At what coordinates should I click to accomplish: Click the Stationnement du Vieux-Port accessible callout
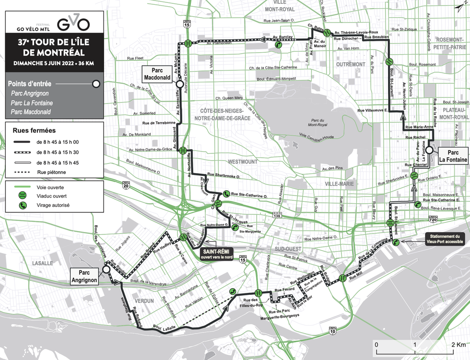coord(444,239)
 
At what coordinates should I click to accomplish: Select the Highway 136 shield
coord(276,216)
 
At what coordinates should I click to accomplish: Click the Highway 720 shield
coord(433,219)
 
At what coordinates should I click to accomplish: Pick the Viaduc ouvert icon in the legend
coord(22,196)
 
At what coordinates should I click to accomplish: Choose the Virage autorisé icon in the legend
coord(22,205)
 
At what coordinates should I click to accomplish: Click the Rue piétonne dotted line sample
coord(23,172)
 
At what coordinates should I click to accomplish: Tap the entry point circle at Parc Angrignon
coord(106,270)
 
